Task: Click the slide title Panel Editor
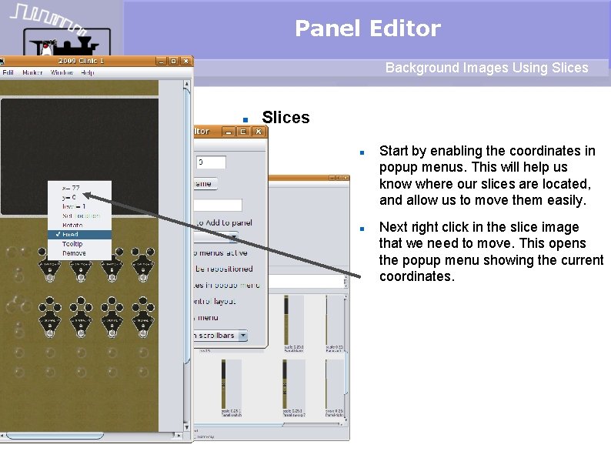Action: [367, 29]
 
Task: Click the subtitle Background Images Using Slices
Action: [486, 68]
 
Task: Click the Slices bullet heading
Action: [285, 118]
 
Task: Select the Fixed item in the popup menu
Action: [70, 234]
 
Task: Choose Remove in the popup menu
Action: [74, 252]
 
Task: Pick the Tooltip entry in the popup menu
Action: [72, 243]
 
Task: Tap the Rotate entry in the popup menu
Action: [72, 225]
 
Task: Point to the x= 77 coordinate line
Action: [71, 188]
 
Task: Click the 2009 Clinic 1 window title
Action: [81, 61]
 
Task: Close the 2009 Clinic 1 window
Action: [185, 61]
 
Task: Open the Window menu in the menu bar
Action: [62, 72]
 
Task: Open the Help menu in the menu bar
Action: [88, 72]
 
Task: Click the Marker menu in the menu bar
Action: [33, 72]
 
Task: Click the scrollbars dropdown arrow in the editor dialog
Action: [242, 336]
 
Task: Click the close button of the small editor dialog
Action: [259, 132]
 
